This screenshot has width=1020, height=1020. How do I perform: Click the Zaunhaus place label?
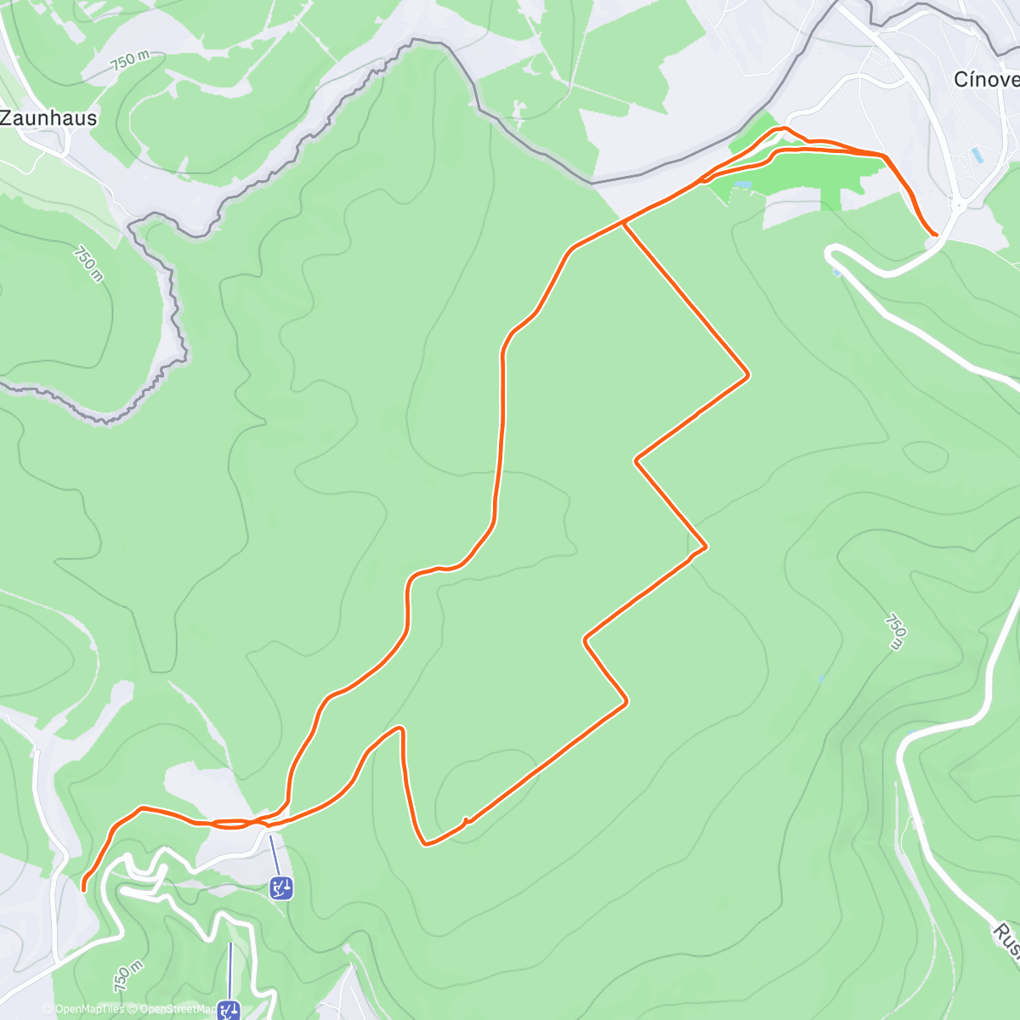(x=48, y=118)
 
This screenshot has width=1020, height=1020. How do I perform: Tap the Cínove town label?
(x=986, y=80)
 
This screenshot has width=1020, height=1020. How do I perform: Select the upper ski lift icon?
(x=280, y=888)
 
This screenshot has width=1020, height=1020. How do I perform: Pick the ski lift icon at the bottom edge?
(x=229, y=1011)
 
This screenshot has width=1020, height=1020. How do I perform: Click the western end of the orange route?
(x=83, y=888)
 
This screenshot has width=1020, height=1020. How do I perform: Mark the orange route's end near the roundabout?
(x=935, y=234)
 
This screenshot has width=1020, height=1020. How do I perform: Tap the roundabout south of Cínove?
(x=959, y=204)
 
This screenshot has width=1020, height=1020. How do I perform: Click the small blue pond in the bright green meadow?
(x=742, y=184)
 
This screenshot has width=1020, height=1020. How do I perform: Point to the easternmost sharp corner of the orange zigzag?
(x=748, y=374)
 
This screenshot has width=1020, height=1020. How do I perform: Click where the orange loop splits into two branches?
(x=624, y=223)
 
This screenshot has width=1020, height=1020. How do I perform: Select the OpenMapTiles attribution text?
(x=88, y=1009)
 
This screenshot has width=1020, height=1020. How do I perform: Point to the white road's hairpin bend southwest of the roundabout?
(x=830, y=252)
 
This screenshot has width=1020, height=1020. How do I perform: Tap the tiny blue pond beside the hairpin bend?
(x=837, y=273)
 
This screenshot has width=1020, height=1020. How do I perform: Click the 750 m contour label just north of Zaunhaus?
(x=129, y=61)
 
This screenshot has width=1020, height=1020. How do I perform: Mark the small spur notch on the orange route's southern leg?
(x=465, y=820)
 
